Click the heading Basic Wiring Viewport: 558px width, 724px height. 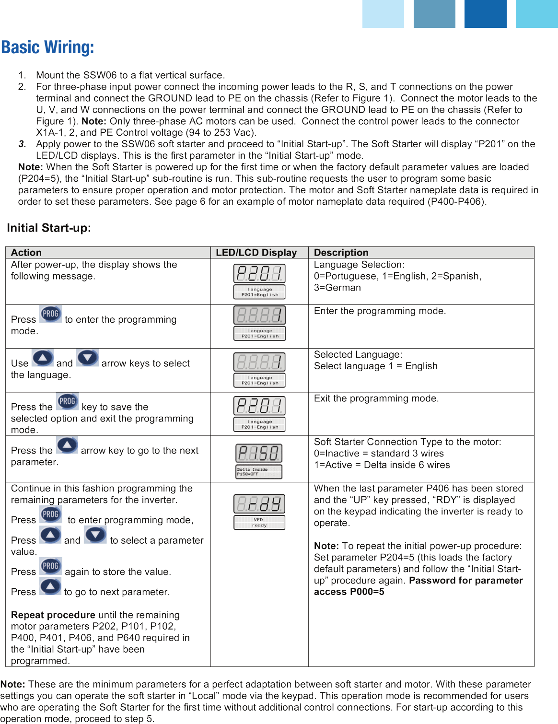tap(47, 47)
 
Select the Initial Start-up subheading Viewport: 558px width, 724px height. tap(49, 228)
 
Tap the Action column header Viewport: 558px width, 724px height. tap(26, 253)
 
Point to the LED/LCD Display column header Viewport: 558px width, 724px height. tap(256, 253)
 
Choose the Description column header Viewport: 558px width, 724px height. tap(341, 253)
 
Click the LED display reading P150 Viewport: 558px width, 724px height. tap(259, 453)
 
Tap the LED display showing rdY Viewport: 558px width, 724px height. tap(259, 504)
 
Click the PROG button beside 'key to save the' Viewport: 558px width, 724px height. tap(68, 401)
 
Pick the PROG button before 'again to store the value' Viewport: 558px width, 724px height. tap(51, 566)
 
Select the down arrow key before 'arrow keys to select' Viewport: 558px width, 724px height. tap(87, 358)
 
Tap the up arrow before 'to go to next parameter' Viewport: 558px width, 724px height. tap(50, 586)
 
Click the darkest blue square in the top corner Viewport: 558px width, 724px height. tap(485, 13)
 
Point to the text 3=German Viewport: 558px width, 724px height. tap(337, 288)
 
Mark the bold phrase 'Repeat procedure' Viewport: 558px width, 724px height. tap(53, 615)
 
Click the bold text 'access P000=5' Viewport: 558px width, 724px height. tap(349, 592)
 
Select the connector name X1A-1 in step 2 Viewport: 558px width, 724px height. tap(49, 133)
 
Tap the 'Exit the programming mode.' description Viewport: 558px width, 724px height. tap(376, 398)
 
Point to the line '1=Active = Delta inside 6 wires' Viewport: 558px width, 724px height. tap(382, 465)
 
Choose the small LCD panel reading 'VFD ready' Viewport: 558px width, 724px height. tap(259, 523)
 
